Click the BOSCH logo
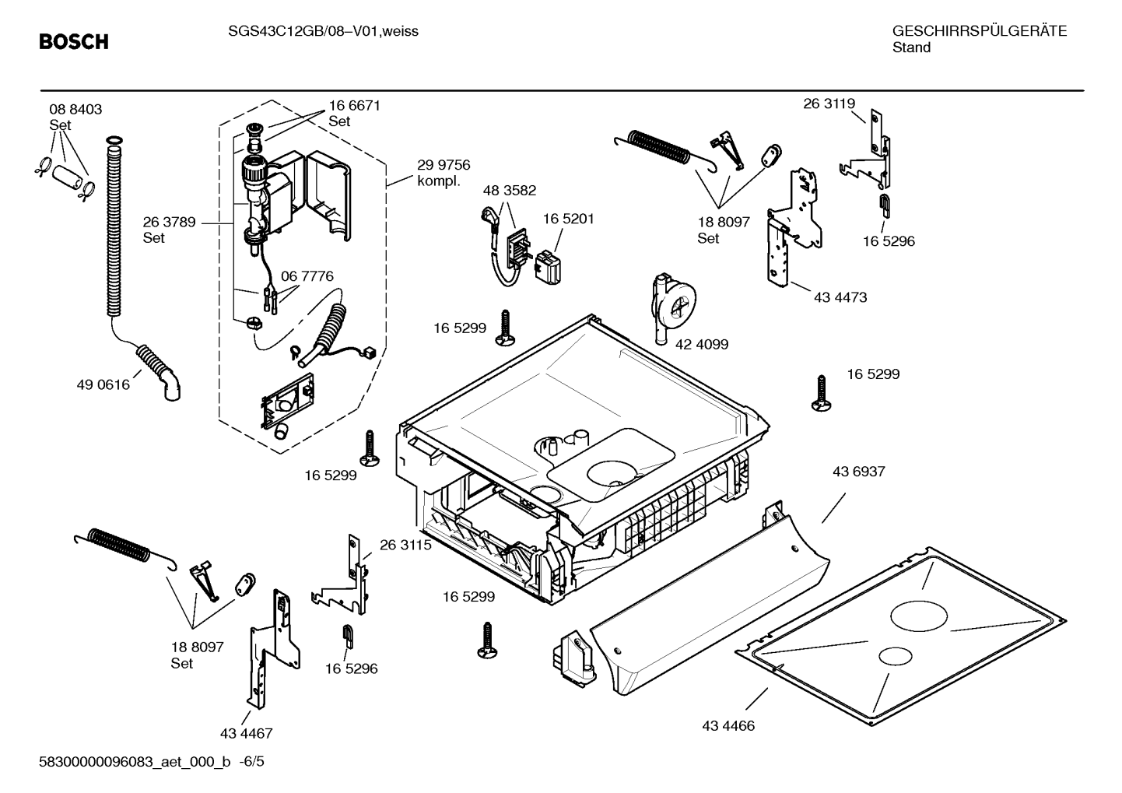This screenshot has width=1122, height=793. (x=74, y=41)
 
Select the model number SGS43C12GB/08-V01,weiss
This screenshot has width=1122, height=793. (x=323, y=31)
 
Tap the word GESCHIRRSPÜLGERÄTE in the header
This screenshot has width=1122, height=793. (x=980, y=31)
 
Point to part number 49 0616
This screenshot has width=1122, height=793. (x=103, y=384)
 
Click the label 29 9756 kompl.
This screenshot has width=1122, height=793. (x=444, y=173)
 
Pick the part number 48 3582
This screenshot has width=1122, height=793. (x=510, y=191)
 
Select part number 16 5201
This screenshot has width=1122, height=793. (x=569, y=219)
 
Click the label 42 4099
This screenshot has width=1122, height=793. (x=702, y=344)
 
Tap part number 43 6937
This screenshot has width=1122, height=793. (x=859, y=472)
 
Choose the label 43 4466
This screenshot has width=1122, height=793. (x=728, y=726)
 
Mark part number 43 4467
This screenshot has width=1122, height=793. (x=247, y=733)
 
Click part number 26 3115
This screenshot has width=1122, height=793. (x=405, y=545)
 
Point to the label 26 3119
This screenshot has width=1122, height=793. (x=829, y=104)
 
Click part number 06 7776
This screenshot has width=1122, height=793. (x=307, y=276)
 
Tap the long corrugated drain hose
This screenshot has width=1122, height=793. (x=114, y=226)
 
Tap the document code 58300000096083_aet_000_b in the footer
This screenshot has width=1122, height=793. (x=135, y=762)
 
